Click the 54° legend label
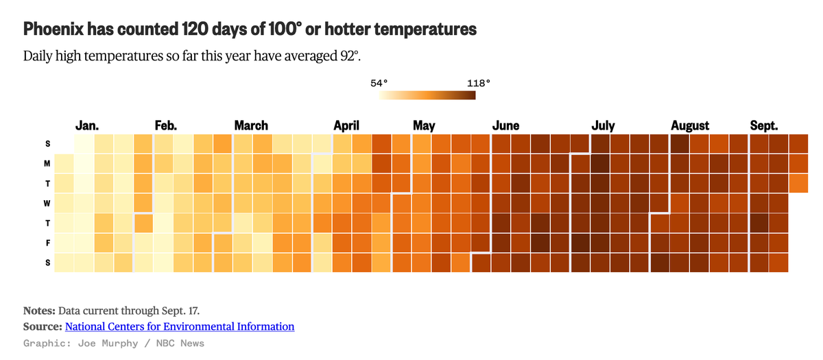[x=379, y=83]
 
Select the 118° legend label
[x=479, y=83]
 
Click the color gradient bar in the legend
[x=427, y=95]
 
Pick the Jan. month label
[x=87, y=125]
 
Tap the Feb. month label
[x=166, y=125]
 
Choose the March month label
[x=251, y=125]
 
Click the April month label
[x=346, y=125]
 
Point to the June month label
[x=505, y=125]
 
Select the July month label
[x=603, y=125]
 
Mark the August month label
[x=690, y=125]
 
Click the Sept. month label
[x=764, y=125]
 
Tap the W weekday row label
[x=47, y=203]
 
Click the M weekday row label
[x=47, y=163]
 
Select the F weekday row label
[x=47, y=243]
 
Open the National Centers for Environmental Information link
[x=180, y=326]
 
